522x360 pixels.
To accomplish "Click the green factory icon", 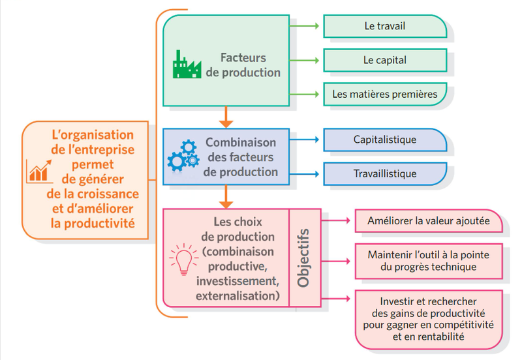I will tap(187, 64).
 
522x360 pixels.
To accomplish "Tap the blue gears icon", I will tap(182, 156).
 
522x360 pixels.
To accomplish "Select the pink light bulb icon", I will tap(182, 259).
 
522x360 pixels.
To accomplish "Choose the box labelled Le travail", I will tap(385, 26).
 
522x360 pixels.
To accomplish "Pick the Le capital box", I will tap(385, 60).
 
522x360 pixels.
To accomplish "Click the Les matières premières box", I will tap(385, 94).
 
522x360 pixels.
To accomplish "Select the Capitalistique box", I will tap(385, 140).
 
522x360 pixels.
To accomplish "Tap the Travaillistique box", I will tap(385, 174).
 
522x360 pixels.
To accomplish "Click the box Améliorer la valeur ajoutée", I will tap(429, 221).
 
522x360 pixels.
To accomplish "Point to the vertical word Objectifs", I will tap(303, 258).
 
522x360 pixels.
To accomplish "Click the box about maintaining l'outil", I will tap(428, 260).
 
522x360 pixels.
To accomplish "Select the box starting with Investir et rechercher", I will tap(428, 319).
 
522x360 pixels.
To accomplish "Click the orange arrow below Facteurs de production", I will tap(226, 117).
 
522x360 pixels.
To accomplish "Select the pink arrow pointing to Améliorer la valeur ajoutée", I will tap(337, 221).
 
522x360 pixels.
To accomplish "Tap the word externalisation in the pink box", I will tap(238, 296).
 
